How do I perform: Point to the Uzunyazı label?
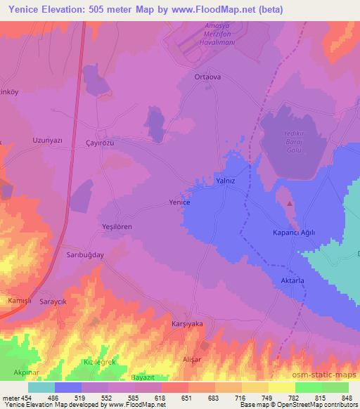click(48, 140)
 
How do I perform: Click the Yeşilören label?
click(117, 227)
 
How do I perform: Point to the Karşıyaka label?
click(187, 324)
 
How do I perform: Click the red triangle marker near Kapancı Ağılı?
click(290, 203)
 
